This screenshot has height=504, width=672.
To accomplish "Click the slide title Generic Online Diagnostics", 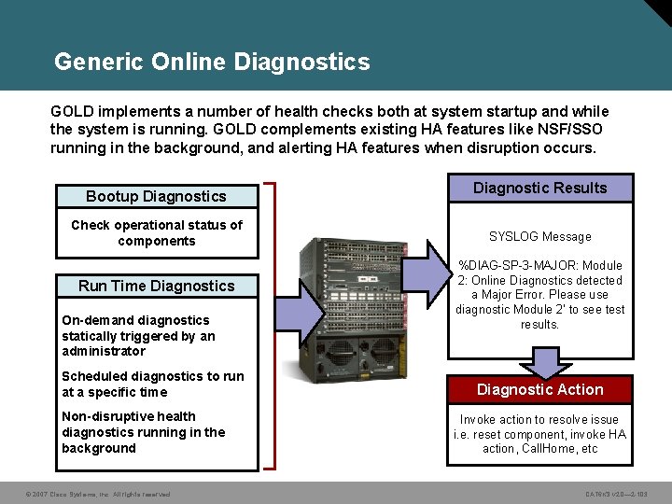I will pos(212,63).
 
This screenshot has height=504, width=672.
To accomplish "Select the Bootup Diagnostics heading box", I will pos(156,196).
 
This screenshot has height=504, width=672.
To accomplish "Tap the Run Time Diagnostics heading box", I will pos(156,286).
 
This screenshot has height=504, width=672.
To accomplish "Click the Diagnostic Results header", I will pos(539,188).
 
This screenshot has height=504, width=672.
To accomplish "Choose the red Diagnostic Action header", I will pos(539,389).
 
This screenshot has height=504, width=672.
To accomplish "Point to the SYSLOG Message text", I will pos(539,237).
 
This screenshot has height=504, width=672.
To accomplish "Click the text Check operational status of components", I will pos(156,232).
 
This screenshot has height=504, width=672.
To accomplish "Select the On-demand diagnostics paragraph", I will pos(138,335).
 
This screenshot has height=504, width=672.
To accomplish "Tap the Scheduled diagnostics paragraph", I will pos(152,384).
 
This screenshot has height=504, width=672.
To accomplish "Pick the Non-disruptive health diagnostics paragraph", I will pos(143,432).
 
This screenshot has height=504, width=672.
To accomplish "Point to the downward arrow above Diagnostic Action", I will pos(539,360).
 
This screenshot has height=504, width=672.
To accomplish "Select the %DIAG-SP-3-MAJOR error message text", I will pos(539,295).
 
